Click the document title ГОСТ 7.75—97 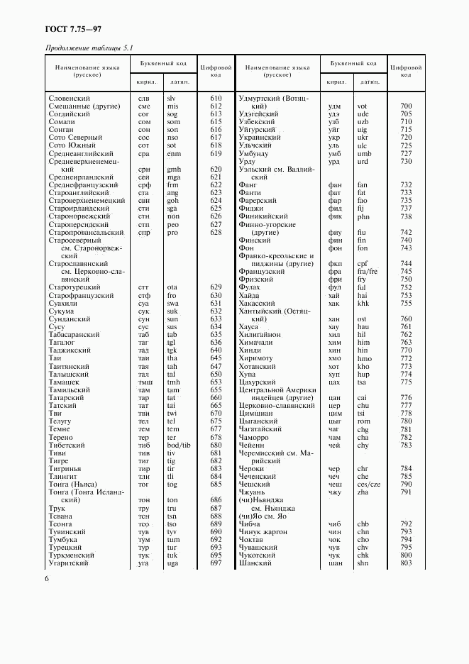(68, 29)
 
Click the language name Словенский (70, 98)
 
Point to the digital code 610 (216, 98)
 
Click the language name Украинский (261, 137)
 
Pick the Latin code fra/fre (367, 271)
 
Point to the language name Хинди (250, 350)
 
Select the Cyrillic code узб (333, 121)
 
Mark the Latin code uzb (363, 121)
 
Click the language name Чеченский (258, 476)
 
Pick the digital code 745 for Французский (406, 271)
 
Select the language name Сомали (62, 121)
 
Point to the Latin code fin (362, 240)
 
